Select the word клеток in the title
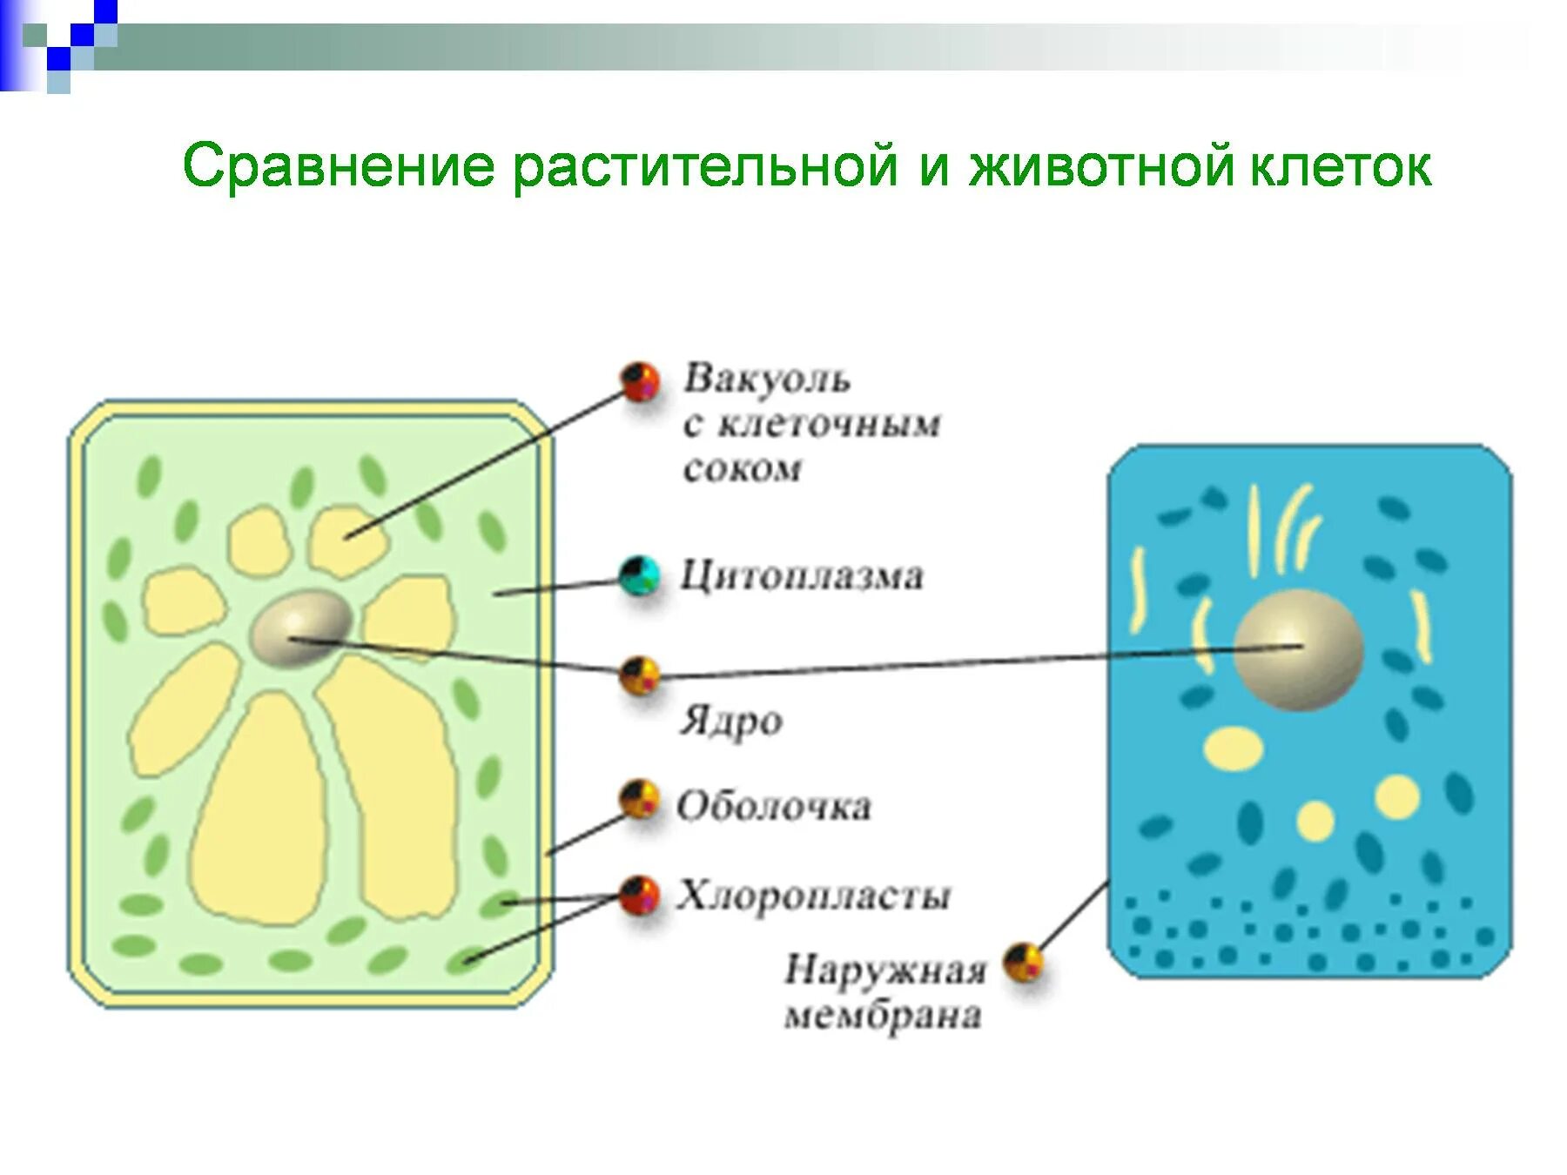click(1341, 166)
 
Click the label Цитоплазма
click(801, 576)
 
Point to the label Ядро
click(730, 722)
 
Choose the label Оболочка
click(774, 806)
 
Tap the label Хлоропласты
click(814, 896)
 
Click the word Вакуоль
click(766, 379)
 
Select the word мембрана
click(883, 1016)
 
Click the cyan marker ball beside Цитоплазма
click(640, 575)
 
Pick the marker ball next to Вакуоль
click(641, 381)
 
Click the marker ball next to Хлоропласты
click(640, 895)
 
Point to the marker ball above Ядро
click(640, 675)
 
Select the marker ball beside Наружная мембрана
click(1024, 963)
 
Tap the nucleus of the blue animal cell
click(1298, 649)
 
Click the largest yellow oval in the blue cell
click(1234, 747)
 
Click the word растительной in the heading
click(705, 166)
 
